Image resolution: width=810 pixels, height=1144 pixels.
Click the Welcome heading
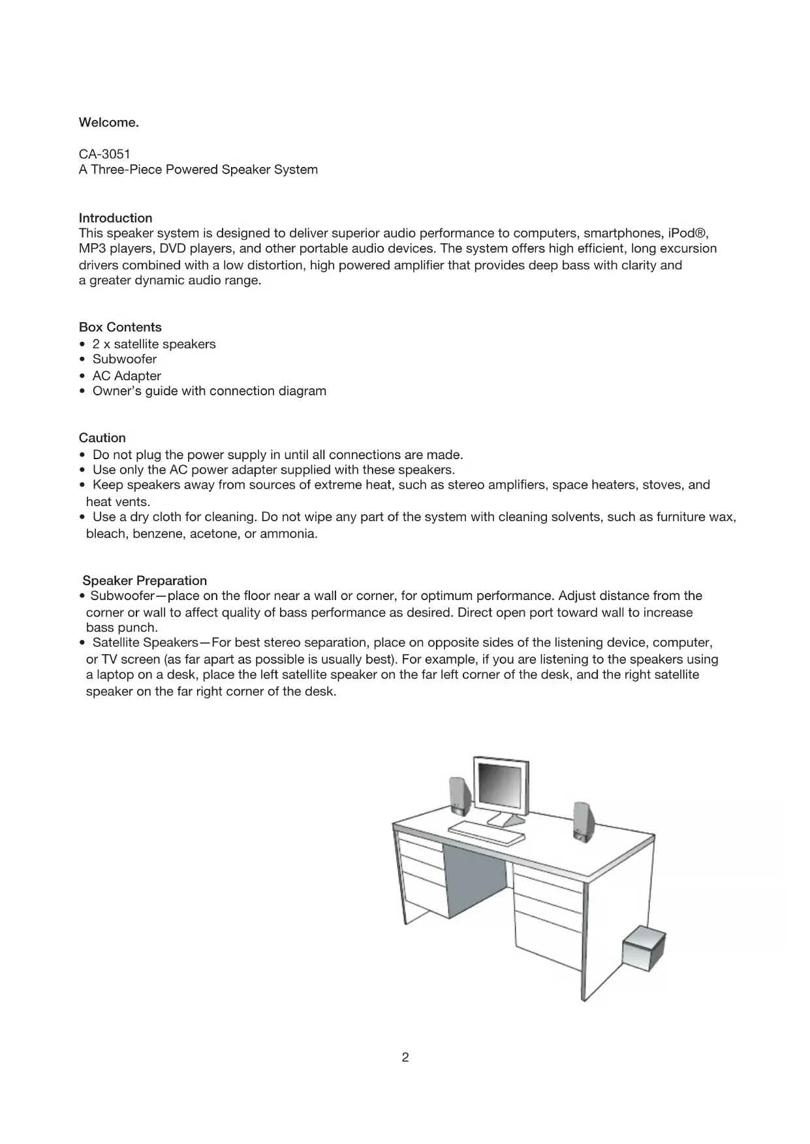coord(108,123)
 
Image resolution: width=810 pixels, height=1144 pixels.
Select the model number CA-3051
coord(104,154)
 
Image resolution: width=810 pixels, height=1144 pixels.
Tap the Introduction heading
coord(116,218)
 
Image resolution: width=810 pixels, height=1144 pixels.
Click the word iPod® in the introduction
coord(686,233)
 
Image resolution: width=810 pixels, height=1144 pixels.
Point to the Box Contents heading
coord(120,327)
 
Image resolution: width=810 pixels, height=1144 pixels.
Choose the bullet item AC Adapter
coord(127,376)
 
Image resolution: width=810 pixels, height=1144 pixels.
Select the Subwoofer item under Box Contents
coord(124,359)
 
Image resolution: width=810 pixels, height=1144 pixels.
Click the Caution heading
coord(102,438)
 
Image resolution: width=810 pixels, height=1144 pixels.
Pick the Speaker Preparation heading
coord(144,580)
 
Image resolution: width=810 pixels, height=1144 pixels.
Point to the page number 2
coord(405,1057)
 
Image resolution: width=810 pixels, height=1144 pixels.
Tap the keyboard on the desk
coord(487,832)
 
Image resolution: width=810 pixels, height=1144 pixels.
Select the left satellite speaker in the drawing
coord(456,796)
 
